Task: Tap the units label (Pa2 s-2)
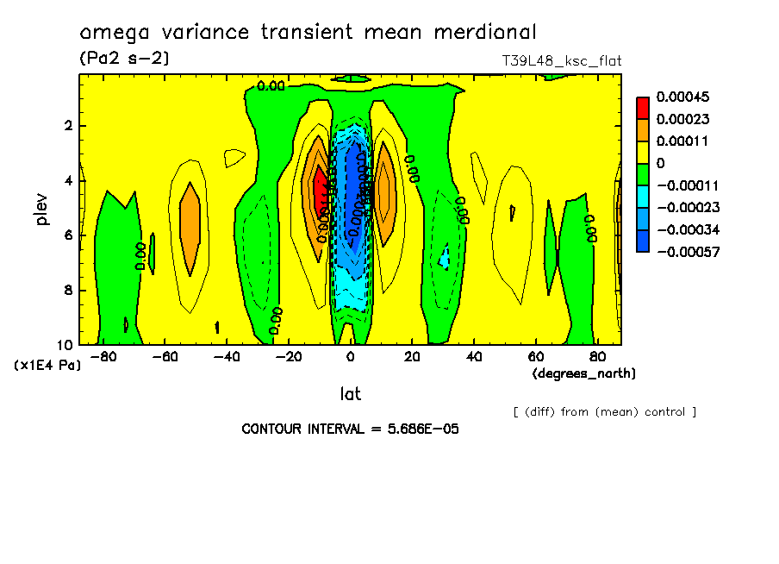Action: pos(123,59)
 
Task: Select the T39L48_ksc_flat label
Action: pos(561,61)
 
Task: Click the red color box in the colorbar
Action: pos(643,107)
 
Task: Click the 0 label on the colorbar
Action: pos(660,163)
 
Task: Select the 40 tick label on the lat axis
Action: pos(473,356)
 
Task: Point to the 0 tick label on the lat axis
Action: pos(350,356)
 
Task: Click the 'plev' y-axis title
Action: pos(42,209)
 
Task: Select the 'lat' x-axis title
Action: pos(350,394)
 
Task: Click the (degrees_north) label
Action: pos(584,373)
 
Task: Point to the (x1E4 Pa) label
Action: pos(48,366)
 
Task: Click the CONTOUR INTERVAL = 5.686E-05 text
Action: pos(350,429)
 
